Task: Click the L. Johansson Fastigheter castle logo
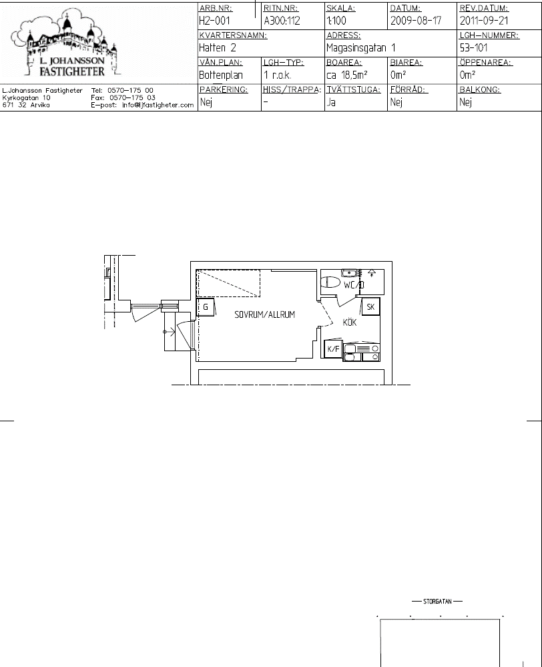(x=66, y=45)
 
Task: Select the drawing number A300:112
(x=282, y=21)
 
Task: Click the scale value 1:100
(x=336, y=21)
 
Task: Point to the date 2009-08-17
(x=416, y=21)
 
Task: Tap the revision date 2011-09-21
(x=484, y=21)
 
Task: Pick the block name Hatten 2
(x=218, y=47)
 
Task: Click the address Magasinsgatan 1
(x=360, y=48)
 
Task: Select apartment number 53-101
(x=473, y=47)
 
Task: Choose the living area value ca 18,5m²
(x=346, y=75)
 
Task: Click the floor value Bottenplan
(x=221, y=75)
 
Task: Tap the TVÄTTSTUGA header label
(x=354, y=89)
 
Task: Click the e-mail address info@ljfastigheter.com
(x=158, y=105)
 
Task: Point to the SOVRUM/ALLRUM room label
(x=264, y=314)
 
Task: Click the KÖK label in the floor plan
(x=350, y=322)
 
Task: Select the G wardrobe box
(x=206, y=306)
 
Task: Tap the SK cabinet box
(x=370, y=306)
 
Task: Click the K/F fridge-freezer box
(x=333, y=349)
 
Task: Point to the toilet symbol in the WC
(x=330, y=282)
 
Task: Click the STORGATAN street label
(x=437, y=602)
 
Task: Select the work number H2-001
(x=214, y=21)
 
